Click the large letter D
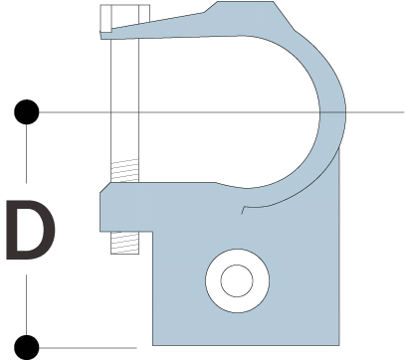[x=31, y=230]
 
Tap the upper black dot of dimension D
[x=27, y=112]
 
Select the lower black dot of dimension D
[x=27, y=347]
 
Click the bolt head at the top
[x=124, y=17]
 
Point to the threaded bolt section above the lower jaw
[x=124, y=171]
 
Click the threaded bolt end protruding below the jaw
[x=124, y=243]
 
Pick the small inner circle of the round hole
[x=237, y=280]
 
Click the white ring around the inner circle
[x=212, y=280]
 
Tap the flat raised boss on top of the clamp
[x=246, y=7]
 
